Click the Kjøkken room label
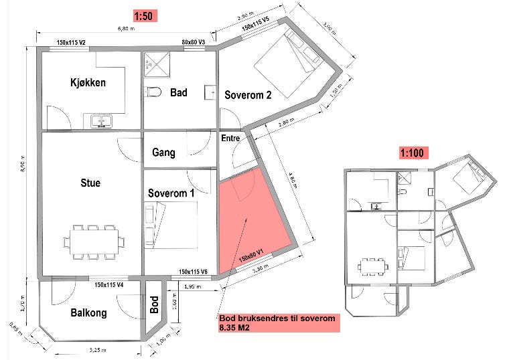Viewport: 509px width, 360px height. tap(87, 83)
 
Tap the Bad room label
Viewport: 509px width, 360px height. tap(178, 92)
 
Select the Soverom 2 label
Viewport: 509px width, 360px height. tap(248, 95)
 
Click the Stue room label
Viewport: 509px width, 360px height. tap(90, 182)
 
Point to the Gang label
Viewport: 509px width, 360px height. tap(163, 153)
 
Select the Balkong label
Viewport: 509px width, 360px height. tap(89, 313)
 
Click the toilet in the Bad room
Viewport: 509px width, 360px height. tap(153, 92)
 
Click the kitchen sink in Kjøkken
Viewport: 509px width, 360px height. tap(102, 121)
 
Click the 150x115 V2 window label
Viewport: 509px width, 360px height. tap(72, 43)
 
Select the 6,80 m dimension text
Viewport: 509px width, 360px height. tap(127, 29)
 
